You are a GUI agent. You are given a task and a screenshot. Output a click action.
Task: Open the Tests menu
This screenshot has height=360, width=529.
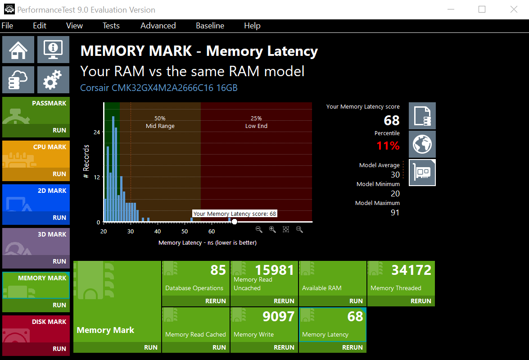[x=111, y=26]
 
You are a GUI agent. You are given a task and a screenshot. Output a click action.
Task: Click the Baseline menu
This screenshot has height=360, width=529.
[x=210, y=26]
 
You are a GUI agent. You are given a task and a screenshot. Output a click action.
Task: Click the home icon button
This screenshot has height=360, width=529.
[x=18, y=50]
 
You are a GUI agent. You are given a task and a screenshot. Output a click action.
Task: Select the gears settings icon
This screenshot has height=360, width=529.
[x=53, y=80]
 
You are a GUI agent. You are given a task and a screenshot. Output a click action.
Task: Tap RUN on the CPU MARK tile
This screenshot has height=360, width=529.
[x=59, y=174]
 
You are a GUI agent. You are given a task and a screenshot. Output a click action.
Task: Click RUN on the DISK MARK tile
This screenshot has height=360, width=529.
[x=59, y=349]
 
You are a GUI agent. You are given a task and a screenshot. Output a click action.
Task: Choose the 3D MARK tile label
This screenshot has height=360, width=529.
[x=52, y=234]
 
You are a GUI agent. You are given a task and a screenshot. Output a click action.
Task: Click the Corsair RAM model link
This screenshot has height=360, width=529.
[x=159, y=88]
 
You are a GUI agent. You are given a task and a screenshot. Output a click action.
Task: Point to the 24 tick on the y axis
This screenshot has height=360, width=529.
[x=97, y=132]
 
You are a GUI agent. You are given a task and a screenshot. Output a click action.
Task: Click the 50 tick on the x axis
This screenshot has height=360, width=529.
[x=185, y=231]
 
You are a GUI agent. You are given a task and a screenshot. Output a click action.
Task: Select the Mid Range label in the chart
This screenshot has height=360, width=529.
[x=160, y=126]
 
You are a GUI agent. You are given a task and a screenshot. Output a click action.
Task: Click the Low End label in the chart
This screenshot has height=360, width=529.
[x=257, y=126]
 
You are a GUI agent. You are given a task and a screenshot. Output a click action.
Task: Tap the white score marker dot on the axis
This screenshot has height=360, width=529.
[x=235, y=222]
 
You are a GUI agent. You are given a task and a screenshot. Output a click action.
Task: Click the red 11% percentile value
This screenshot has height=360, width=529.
[x=388, y=146]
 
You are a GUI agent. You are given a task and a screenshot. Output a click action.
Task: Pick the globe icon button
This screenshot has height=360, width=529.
[x=422, y=144]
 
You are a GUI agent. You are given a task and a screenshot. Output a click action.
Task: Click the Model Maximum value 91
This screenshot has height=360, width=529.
[x=395, y=213]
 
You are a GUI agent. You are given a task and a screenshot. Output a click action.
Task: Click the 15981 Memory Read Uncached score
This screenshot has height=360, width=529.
[x=274, y=270]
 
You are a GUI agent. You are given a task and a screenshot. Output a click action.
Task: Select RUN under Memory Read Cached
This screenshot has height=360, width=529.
[x=219, y=347]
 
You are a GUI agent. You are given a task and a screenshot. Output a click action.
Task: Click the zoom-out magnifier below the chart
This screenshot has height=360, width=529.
[x=259, y=230]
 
